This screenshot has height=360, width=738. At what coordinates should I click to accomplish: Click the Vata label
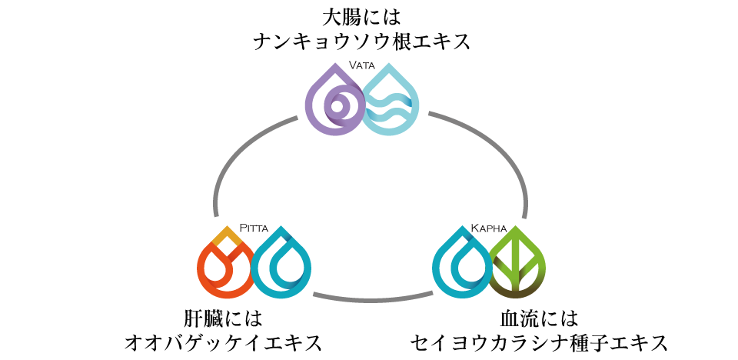pyautogui.click(x=362, y=65)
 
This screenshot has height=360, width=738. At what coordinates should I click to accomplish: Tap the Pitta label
pyautogui.click(x=254, y=228)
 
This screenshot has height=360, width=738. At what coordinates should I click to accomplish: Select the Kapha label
pyautogui.click(x=489, y=228)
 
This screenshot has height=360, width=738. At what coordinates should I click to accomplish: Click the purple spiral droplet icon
pyautogui.click(x=334, y=103)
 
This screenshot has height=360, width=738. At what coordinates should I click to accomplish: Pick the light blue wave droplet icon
pyautogui.click(x=391, y=103)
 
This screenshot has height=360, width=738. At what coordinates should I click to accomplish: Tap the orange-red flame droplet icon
pyautogui.click(x=224, y=265)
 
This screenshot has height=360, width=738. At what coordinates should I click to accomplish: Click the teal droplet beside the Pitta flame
pyautogui.click(x=280, y=265)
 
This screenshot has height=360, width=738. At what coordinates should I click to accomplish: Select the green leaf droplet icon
pyautogui.click(x=517, y=265)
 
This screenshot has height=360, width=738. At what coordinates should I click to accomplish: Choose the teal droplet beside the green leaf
pyautogui.click(x=461, y=265)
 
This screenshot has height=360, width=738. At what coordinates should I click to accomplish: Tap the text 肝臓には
pyautogui.click(x=223, y=318)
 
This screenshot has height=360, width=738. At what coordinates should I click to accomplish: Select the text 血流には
pyautogui.click(x=539, y=318)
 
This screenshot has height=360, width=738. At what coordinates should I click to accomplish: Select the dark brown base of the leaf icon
pyautogui.click(x=517, y=292)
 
